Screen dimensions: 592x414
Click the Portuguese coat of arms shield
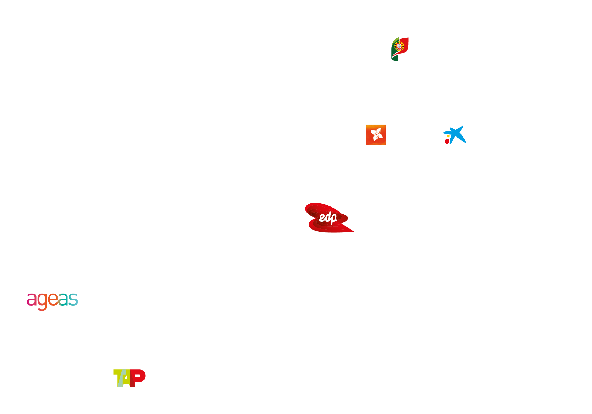click(x=399, y=47)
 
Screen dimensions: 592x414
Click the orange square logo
click(x=376, y=135)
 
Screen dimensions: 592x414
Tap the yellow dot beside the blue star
click(x=448, y=136)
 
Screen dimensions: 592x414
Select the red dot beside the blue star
click(x=447, y=141)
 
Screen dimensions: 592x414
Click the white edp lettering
click(x=328, y=218)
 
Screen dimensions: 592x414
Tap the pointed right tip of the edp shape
click(x=353, y=231)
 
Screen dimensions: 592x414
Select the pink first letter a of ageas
click(x=32, y=300)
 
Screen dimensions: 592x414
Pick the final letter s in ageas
click(x=73, y=300)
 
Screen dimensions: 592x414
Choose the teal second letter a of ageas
click(x=64, y=300)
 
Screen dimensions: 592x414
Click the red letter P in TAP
click(x=138, y=378)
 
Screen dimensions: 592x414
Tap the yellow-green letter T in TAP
click(x=118, y=378)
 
